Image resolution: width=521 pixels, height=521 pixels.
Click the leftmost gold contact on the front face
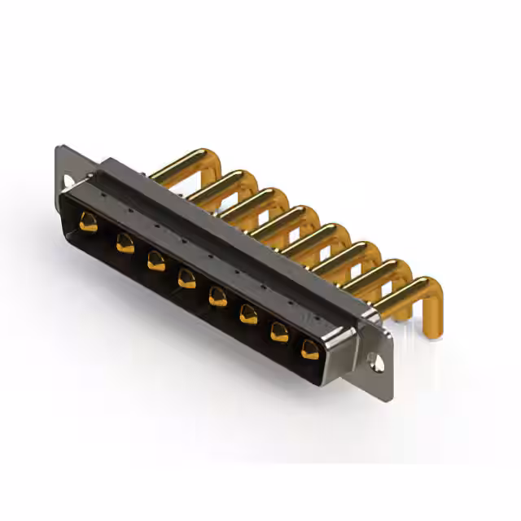pos(89,221)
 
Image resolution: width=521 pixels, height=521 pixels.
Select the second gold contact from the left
pos(125,242)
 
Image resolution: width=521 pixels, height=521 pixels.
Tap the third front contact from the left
pos(155,260)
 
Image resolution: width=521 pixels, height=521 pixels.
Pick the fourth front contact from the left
pos(187,278)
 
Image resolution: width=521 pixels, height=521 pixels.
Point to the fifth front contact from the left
pos(217,296)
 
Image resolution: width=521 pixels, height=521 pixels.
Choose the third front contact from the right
pos(248,314)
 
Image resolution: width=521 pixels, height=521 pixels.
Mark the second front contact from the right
pos(279,331)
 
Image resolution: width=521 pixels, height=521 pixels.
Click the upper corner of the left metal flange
pos(59,148)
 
